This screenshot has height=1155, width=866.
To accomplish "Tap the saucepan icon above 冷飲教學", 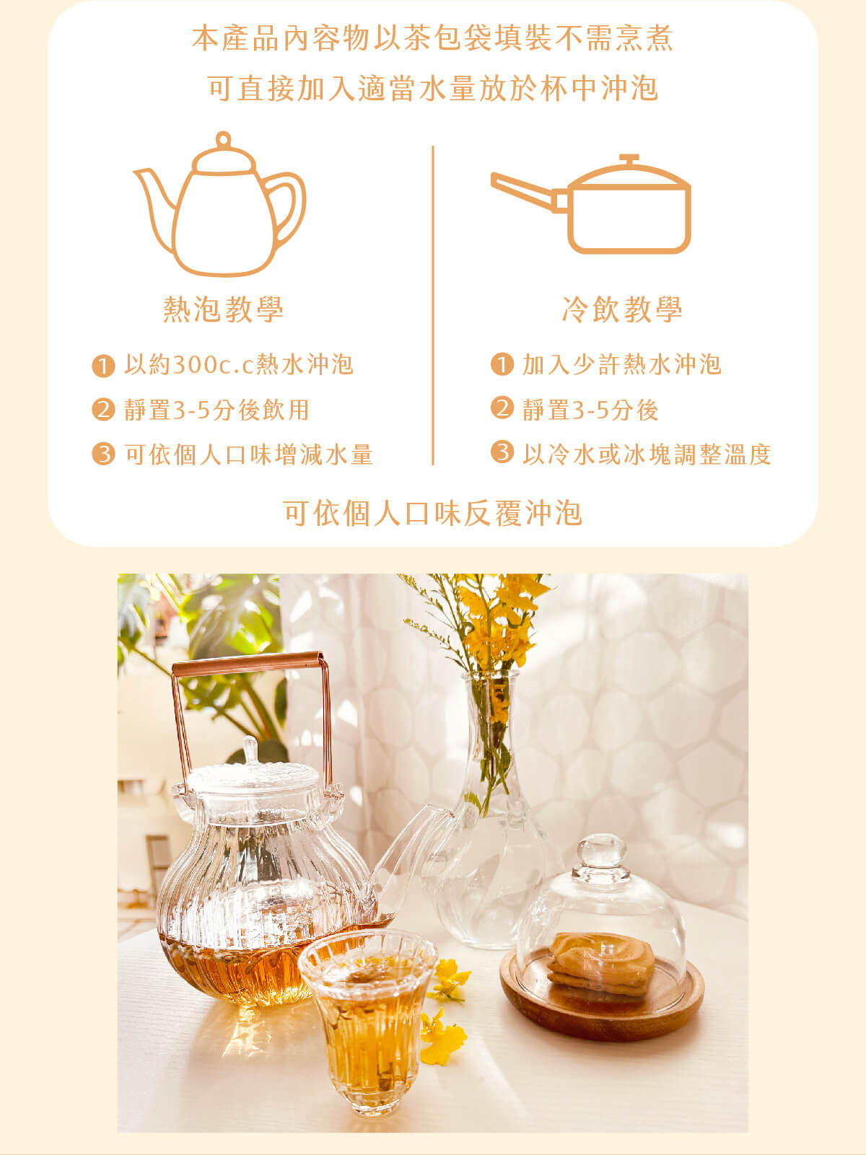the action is point(591,204).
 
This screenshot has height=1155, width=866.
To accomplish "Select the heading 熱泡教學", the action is point(223,309).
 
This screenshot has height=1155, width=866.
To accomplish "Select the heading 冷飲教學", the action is point(622,309).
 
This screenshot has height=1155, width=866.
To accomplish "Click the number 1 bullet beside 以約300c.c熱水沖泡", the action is point(103,366).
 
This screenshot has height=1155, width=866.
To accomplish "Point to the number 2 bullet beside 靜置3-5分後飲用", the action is point(103,410).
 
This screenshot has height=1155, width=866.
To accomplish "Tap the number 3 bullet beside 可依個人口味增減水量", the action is point(103,454).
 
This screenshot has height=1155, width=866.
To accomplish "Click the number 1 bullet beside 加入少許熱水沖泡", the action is point(502,364).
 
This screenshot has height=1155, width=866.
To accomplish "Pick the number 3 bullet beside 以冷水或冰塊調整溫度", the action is point(502,452).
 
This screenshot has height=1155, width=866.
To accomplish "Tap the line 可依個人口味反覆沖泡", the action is point(432,513).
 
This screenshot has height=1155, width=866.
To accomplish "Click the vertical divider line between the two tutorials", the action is point(433,305).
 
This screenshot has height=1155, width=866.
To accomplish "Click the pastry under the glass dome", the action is point(601,961).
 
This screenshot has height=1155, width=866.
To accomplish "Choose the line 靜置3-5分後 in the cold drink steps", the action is point(590,410).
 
